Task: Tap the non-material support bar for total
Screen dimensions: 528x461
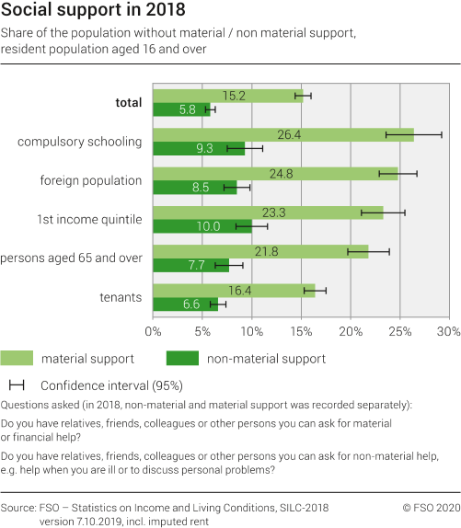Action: pos(181,109)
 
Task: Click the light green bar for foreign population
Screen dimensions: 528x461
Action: pos(275,173)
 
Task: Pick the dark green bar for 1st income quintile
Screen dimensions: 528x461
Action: pos(202,225)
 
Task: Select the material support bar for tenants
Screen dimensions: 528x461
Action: pos(234,290)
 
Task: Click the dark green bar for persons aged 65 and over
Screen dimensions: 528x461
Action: pos(190,265)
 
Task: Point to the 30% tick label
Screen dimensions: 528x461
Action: pos(447,330)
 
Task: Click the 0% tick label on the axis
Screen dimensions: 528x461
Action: pos(154,330)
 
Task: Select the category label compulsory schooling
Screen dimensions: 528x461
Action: pos(80,142)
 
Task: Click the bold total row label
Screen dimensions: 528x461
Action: pos(128,102)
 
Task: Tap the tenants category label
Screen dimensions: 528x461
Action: pos(121,297)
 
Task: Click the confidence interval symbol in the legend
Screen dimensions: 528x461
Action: pos(16,385)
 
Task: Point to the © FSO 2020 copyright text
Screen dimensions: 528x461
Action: pos(430,507)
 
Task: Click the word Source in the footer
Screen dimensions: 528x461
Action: pos(21,507)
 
